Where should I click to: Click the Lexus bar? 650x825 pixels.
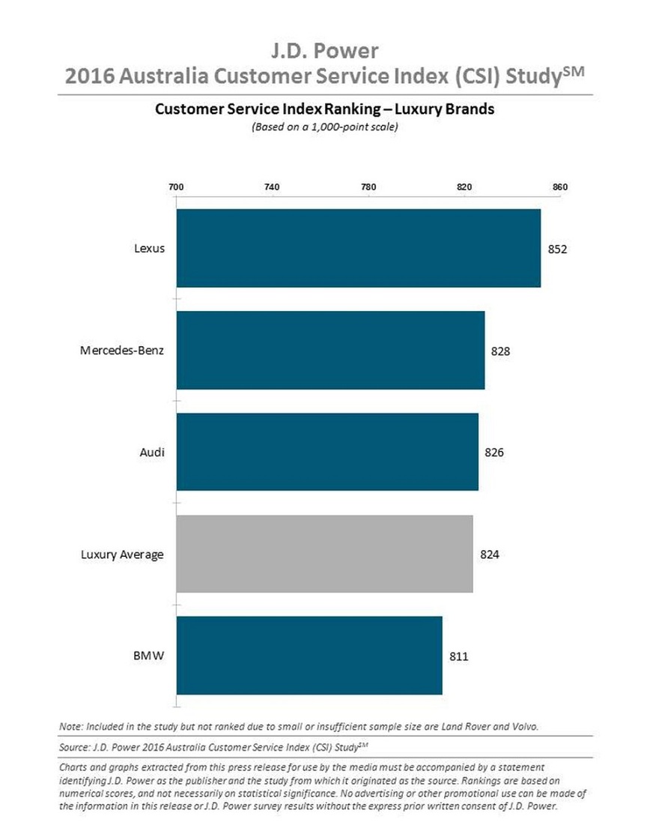pyautogui.click(x=358, y=248)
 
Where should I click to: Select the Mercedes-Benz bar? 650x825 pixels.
pyautogui.click(x=330, y=350)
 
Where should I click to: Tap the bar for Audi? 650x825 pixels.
pyautogui.click(x=327, y=452)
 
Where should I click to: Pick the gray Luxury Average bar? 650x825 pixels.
pyautogui.click(x=324, y=554)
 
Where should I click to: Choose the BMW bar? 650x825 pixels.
pyautogui.click(x=309, y=656)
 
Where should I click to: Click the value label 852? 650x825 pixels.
pyautogui.click(x=558, y=249)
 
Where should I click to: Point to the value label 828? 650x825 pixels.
pyautogui.click(x=501, y=350)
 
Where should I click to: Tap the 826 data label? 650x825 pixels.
pyautogui.click(x=494, y=452)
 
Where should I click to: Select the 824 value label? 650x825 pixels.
pyautogui.click(x=489, y=554)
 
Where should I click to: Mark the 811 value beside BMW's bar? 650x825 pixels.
pyautogui.click(x=459, y=656)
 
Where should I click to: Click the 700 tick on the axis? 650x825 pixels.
pyautogui.click(x=176, y=187)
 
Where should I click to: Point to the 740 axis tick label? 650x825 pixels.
pyautogui.click(x=273, y=187)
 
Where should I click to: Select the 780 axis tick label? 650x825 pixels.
pyautogui.click(x=368, y=187)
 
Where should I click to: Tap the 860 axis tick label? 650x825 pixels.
pyautogui.click(x=560, y=187)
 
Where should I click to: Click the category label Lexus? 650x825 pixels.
pyautogui.click(x=149, y=249)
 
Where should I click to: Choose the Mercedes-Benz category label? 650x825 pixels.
pyautogui.click(x=122, y=350)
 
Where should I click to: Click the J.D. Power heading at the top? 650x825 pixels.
pyautogui.click(x=324, y=51)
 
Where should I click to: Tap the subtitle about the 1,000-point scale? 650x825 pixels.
pyautogui.click(x=324, y=127)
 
